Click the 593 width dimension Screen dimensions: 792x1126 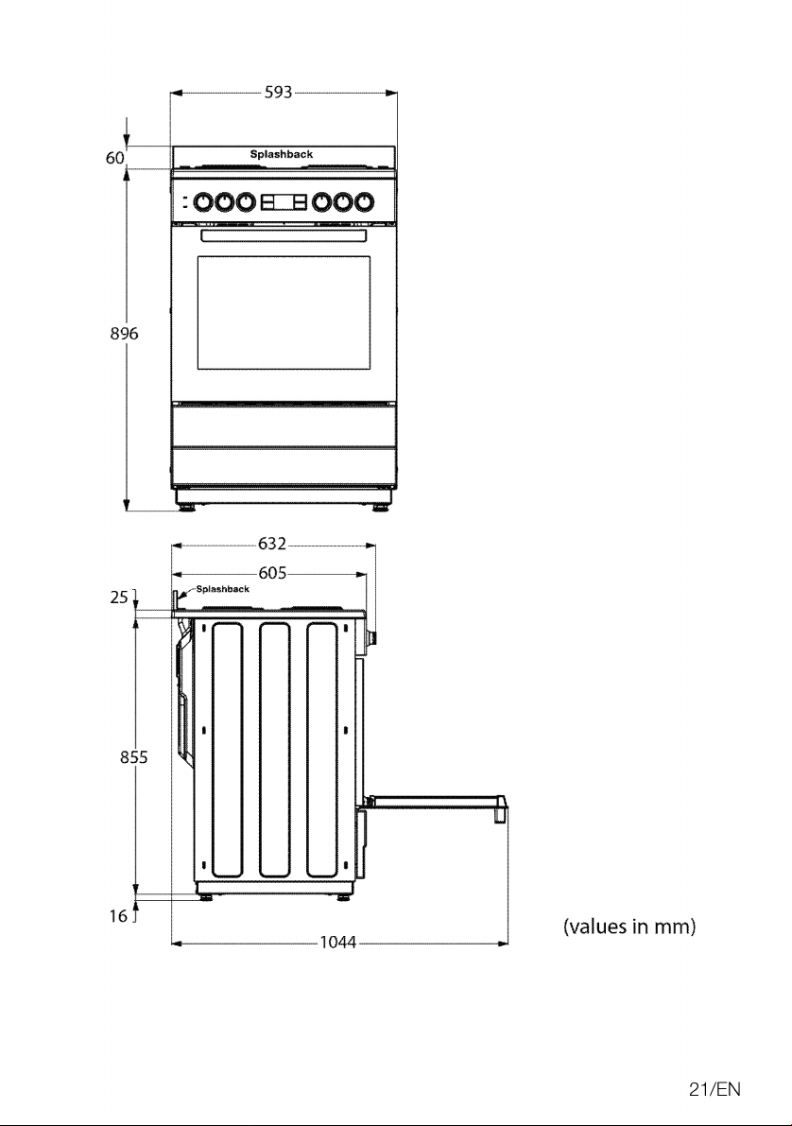pos(279,92)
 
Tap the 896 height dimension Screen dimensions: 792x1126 pos(124,333)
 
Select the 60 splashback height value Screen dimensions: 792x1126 pos(115,157)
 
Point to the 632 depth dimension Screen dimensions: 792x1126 pos(272,544)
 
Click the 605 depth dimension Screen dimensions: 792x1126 pos(273,572)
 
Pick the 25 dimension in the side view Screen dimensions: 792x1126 pos(119,597)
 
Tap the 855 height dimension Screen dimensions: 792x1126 pos(134,757)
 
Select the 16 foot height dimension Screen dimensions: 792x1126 pos(118,915)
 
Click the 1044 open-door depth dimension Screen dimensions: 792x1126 pos(338,943)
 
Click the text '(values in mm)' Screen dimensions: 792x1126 pos(629,927)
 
